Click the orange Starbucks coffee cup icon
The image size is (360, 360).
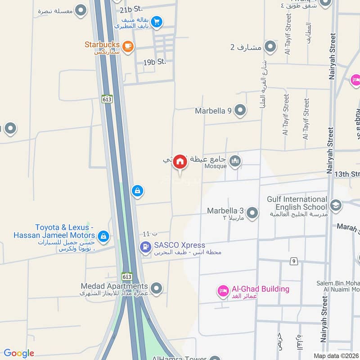point(128,46)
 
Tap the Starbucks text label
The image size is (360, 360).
point(102,45)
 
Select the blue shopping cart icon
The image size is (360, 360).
point(157,21)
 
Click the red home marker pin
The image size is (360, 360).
point(180,162)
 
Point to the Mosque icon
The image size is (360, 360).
point(235,161)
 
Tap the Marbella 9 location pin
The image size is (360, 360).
point(241,110)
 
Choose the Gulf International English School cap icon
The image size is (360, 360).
point(335,206)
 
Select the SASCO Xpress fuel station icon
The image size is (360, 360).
point(145,247)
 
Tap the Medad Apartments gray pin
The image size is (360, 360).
point(156,288)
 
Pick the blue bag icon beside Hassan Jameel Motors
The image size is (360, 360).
point(103,236)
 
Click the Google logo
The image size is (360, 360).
point(19,353)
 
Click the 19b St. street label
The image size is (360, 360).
point(155,62)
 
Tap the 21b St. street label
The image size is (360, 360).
point(131,9)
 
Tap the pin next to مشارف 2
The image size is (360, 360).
point(270,46)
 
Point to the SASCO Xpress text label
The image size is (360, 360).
point(180,245)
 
